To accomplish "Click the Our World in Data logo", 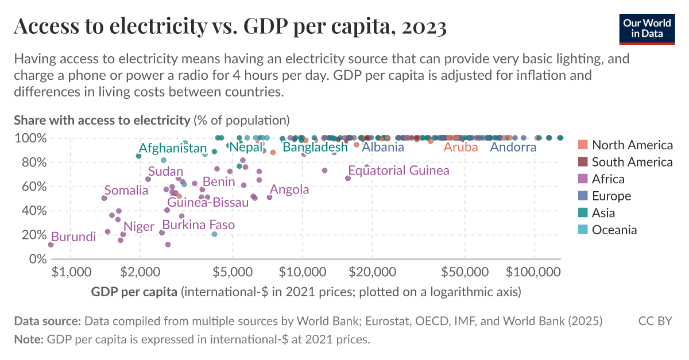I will click(647, 28).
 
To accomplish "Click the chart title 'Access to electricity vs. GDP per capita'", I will click(230, 27).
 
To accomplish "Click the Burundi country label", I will click(73, 237).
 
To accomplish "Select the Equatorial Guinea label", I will click(398, 171).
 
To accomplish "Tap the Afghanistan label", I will click(172, 148).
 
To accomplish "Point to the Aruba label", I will click(461, 147).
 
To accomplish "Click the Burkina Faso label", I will click(198, 224).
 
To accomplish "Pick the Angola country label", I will click(289, 189).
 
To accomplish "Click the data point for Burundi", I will click(51, 245).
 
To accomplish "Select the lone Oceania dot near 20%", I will click(214, 234).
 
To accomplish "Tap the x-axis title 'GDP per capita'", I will click(134, 292).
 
